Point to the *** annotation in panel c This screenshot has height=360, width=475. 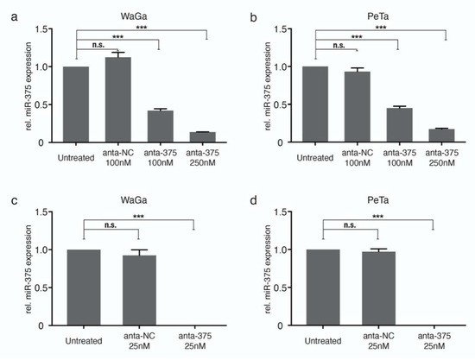click(x=137, y=217)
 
